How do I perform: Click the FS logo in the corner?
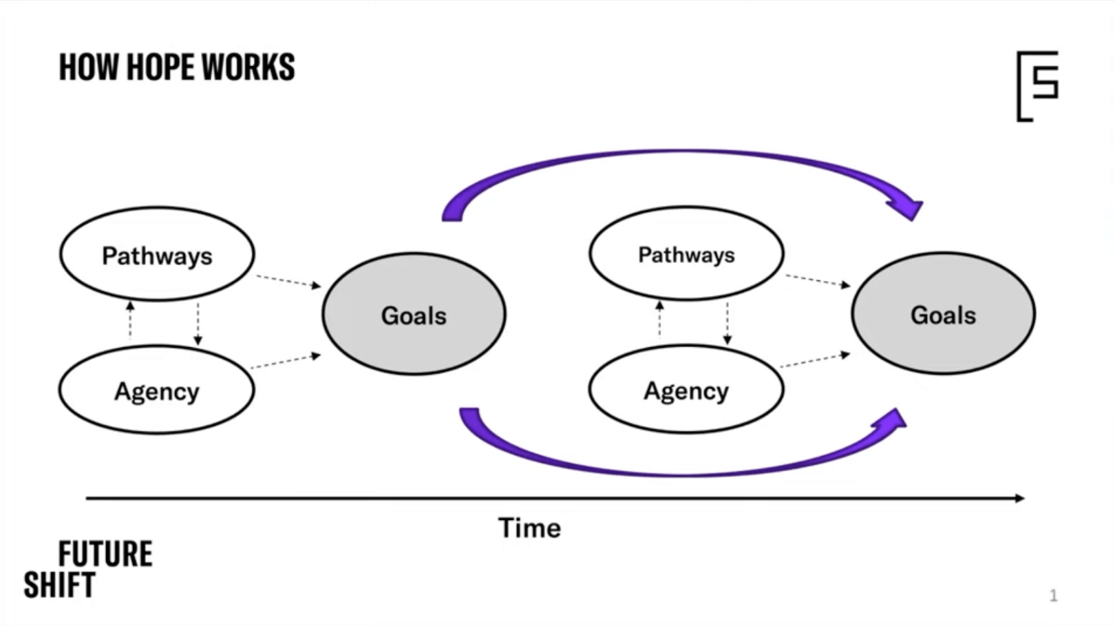1037,85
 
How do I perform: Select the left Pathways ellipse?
157,255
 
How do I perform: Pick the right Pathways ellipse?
686,254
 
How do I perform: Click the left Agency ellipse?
157,390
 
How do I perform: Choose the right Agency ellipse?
686,390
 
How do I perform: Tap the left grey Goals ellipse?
414,315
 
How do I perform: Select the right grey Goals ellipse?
943,314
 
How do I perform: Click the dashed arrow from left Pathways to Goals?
288,281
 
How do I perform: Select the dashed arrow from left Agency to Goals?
286,362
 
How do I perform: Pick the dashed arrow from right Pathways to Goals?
818,280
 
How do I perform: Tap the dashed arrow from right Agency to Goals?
816,360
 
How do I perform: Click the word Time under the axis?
529,528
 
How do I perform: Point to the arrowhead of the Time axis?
1019,498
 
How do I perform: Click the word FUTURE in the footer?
105,554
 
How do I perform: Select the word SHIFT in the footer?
59,585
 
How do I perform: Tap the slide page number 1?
1053,596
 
